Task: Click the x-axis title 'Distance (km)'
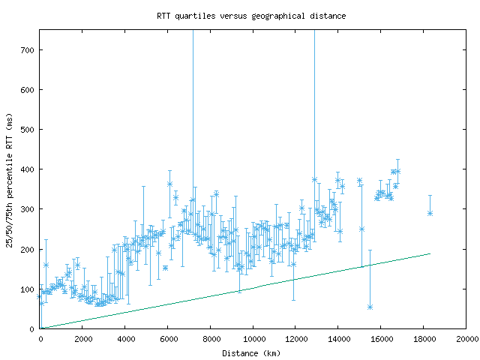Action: (253, 353)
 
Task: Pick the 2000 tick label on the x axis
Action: (82, 340)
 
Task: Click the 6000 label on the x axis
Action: (168, 340)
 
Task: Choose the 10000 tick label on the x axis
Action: (253, 340)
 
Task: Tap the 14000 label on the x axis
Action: (339, 340)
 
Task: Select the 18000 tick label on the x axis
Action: (424, 340)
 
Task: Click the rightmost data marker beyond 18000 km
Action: (430, 213)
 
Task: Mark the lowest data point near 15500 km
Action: (370, 307)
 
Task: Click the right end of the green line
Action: (430, 253)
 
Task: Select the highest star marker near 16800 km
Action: (397, 171)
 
